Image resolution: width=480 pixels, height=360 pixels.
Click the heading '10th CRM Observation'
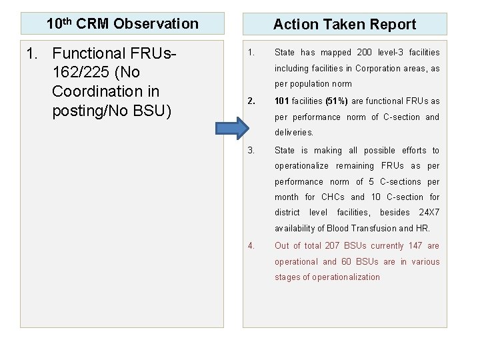point(123,24)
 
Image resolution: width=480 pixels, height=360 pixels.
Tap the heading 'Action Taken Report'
point(344,25)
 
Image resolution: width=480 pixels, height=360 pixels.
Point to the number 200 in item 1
point(365,53)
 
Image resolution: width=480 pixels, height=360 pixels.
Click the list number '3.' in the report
point(251,151)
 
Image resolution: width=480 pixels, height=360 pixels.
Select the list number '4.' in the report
point(251,246)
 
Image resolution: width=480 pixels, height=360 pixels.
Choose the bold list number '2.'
point(251,101)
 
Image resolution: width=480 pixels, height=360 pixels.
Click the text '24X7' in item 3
point(429,213)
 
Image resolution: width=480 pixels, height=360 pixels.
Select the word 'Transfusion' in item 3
point(375,229)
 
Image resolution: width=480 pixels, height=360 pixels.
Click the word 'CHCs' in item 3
point(333,197)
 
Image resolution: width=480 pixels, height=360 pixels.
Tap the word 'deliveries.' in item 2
point(294,133)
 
